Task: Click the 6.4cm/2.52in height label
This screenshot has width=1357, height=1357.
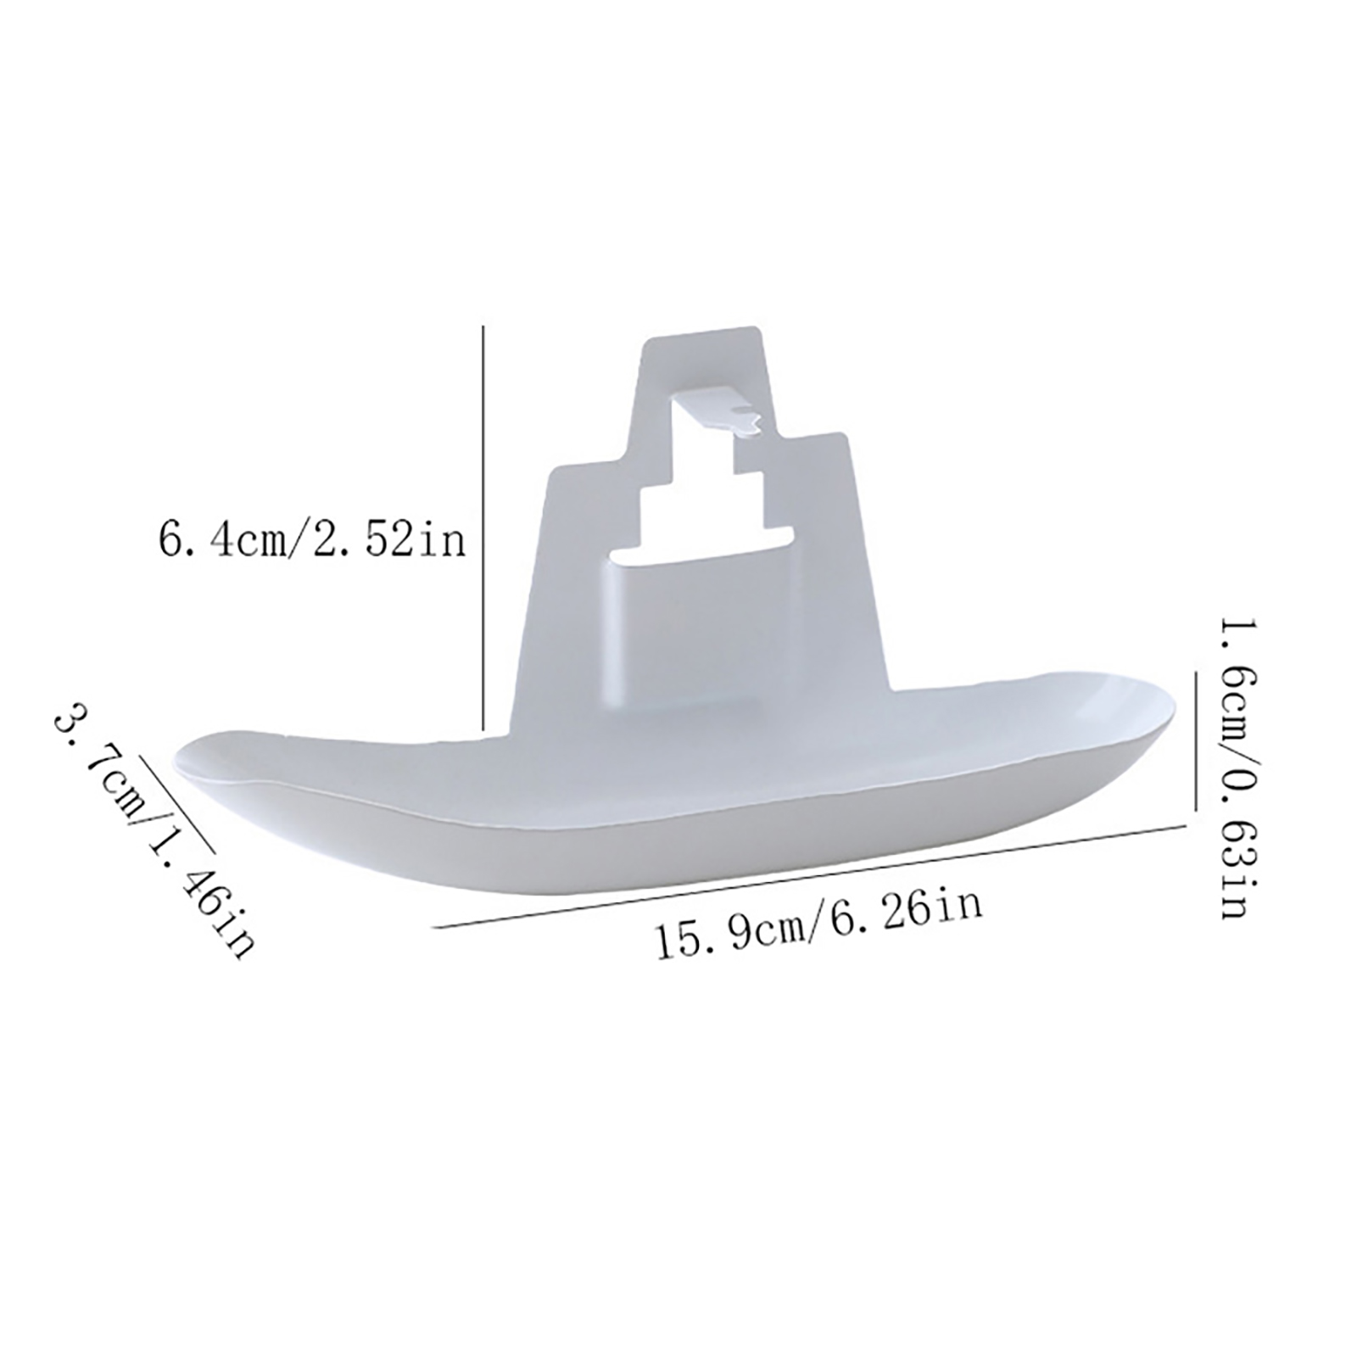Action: (x=312, y=539)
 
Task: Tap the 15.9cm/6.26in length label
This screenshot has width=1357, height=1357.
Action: (x=819, y=922)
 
